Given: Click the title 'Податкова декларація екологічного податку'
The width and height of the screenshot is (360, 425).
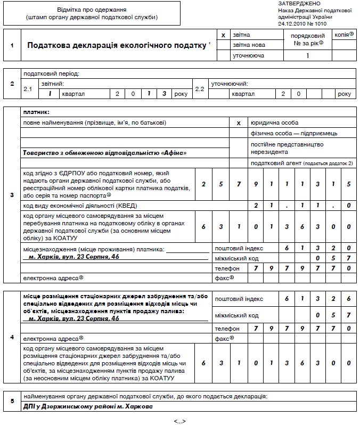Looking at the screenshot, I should (116, 45).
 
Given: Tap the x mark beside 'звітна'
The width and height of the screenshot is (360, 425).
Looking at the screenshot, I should (223, 35).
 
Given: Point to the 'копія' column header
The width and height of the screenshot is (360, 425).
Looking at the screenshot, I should (344, 35).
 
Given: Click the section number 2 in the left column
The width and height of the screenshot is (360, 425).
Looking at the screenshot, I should (12, 84).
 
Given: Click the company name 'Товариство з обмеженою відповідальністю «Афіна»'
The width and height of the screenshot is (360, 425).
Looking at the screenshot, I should (105, 152).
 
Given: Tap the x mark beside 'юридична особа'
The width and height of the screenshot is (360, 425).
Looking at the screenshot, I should (239, 122).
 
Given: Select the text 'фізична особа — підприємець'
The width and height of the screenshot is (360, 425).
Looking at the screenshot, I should (293, 133).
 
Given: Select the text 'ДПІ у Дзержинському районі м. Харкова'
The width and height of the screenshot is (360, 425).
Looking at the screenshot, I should (87, 406).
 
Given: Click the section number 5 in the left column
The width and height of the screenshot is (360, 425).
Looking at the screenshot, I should (12, 401).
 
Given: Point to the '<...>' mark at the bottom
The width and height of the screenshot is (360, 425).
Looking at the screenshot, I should (179, 421).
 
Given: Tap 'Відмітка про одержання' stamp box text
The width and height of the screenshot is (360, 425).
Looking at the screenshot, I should (92, 10).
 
